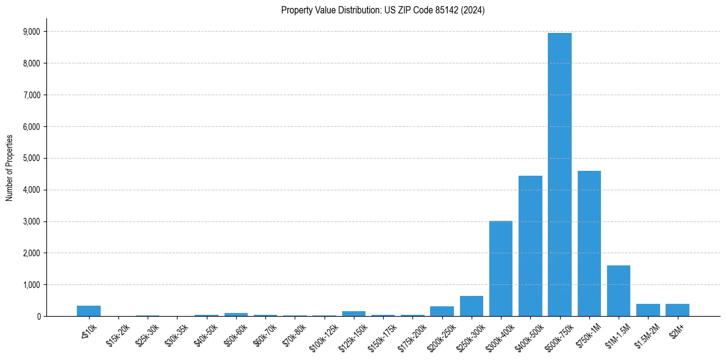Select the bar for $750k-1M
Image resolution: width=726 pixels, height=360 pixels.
(x=589, y=243)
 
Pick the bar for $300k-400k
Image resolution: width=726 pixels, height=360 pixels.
(x=500, y=268)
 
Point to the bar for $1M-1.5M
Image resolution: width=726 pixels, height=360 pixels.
(x=619, y=290)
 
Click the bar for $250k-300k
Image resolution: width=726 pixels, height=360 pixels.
(x=471, y=306)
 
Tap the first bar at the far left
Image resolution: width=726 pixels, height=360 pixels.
(x=88, y=311)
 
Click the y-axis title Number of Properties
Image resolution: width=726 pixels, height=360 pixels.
(x=9, y=168)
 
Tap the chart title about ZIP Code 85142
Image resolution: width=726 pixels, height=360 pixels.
(x=383, y=10)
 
